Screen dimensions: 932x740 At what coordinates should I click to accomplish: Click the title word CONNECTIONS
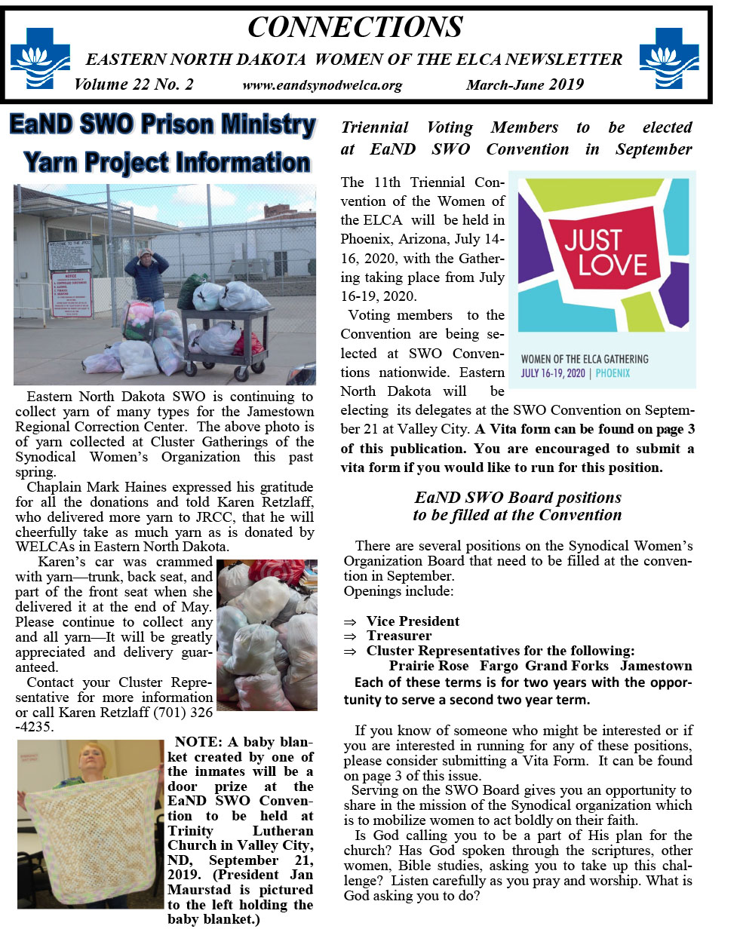click(355, 28)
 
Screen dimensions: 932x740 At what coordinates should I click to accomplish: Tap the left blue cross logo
click(39, 59)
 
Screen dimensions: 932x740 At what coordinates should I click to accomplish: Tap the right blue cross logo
click(668, 59)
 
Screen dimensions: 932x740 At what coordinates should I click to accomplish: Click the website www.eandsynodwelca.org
click(322, 85)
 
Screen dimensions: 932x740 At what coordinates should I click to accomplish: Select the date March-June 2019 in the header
click(524, 84)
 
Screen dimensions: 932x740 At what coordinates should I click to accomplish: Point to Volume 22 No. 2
click(134, 84)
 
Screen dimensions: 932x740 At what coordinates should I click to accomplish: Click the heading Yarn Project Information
click(167, 162)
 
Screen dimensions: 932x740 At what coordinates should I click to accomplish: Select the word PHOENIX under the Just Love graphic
click(613, 373)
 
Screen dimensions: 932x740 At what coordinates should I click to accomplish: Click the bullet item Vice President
click(413, 621)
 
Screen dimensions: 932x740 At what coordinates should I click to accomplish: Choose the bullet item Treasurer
click(399, 636)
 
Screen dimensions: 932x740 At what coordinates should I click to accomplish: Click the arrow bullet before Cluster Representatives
click(349, 651)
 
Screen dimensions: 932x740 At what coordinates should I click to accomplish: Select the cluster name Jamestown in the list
click(656, 666)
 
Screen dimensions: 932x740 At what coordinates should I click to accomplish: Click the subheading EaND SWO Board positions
click(517, 498)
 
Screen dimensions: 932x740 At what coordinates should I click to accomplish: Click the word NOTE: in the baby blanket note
click(198, 742)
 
